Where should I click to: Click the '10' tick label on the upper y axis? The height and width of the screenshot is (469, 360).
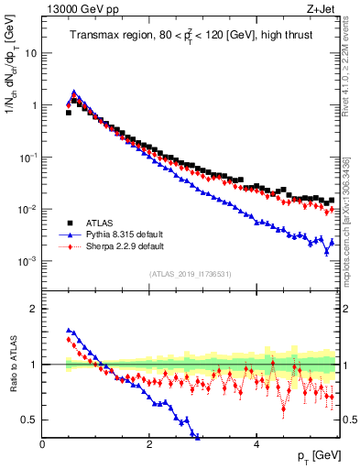point(29,53)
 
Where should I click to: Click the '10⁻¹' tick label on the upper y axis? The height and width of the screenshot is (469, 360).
point(27,158)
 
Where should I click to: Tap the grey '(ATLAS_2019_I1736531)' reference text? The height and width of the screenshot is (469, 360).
point(189,274)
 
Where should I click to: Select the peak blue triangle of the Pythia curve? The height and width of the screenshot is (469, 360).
point(74,93)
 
